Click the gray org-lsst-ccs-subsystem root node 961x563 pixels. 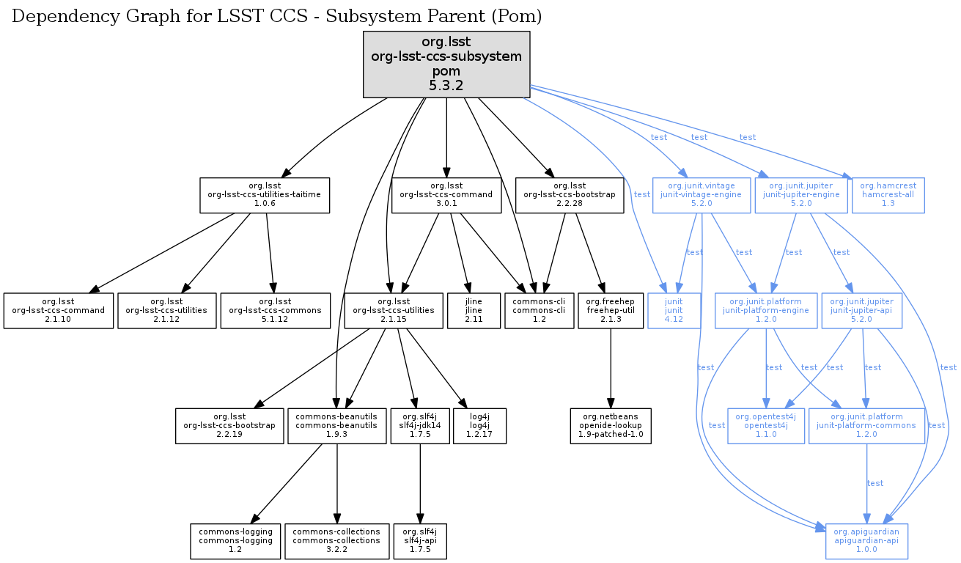[x=446, y=65]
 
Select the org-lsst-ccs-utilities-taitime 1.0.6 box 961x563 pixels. [x=265, y=194]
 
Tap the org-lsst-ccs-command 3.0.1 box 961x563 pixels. [x=447, y=194]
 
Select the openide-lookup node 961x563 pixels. [x=611, y=426]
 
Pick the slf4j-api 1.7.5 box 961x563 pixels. [x=420, y=542]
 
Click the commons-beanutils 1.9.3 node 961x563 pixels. [x=336, y=426]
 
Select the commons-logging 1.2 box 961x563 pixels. [x=235, y=542]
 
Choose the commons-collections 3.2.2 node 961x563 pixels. [x=336, y=542]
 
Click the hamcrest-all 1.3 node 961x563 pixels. [x=888, y=194]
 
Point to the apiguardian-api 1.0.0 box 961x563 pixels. [x=867, y=542]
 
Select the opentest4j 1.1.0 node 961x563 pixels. [x=765, y=426]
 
